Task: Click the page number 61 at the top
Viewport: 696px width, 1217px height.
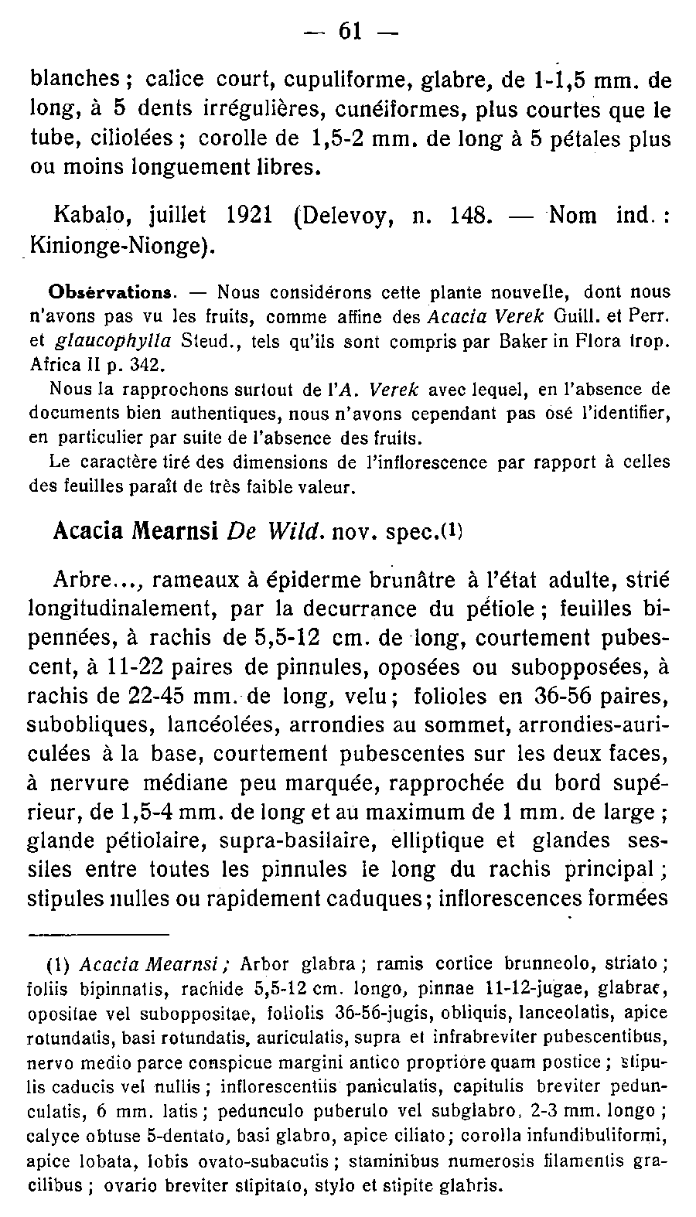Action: click(350, 32)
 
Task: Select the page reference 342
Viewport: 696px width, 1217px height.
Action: click(148, 363)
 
